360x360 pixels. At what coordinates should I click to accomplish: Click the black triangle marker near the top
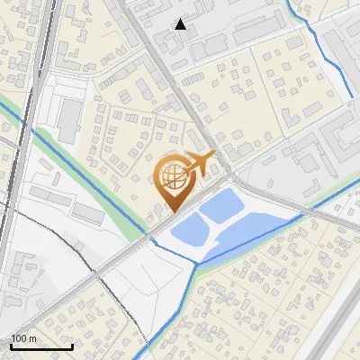tap(181, 24)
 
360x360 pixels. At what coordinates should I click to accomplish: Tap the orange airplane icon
tap(200, 165)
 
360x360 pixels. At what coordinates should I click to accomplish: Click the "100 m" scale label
tap(24, 338)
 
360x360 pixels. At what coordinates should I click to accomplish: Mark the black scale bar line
tap(41, 347)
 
